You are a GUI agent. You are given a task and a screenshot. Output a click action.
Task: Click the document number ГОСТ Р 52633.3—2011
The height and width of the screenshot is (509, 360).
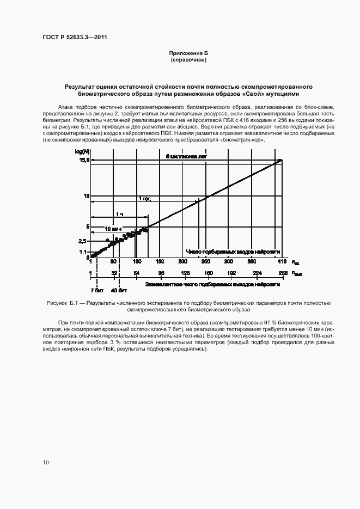79,38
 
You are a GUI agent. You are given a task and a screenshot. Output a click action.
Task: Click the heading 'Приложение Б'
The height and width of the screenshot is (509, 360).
188,53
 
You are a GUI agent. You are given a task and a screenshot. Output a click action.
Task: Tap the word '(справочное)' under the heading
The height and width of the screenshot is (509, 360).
188,59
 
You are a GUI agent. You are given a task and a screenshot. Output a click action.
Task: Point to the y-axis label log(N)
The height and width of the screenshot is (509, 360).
81,151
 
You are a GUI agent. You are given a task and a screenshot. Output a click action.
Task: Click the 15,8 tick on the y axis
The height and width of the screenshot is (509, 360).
83,160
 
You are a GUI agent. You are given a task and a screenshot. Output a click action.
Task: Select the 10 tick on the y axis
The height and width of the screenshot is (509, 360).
86,195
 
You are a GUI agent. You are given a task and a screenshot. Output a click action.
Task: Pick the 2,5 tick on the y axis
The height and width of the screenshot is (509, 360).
83,241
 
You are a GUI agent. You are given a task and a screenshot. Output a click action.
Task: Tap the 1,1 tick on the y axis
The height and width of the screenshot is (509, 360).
83,252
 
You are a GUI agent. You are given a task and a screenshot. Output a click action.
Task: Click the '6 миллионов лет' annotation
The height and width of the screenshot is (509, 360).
187,157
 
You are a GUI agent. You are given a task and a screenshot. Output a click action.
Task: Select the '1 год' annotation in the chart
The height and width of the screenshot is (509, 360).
145,199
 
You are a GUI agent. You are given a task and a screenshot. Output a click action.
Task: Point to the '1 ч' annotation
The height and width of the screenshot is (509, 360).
119,214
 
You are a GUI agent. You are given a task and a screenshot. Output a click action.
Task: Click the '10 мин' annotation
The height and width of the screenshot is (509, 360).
113,229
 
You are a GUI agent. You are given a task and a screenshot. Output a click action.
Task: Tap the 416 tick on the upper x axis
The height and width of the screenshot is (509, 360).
274,262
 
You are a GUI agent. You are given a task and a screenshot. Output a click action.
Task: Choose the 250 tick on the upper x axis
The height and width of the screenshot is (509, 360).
206,262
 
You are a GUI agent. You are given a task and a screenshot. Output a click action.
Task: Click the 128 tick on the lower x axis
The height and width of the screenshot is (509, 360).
185,273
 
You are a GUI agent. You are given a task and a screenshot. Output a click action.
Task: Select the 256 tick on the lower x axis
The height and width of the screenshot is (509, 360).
282,273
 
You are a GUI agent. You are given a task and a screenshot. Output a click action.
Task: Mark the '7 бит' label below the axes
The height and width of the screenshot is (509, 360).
96,290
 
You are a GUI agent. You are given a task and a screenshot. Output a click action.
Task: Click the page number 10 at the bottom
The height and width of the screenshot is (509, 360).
46,462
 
